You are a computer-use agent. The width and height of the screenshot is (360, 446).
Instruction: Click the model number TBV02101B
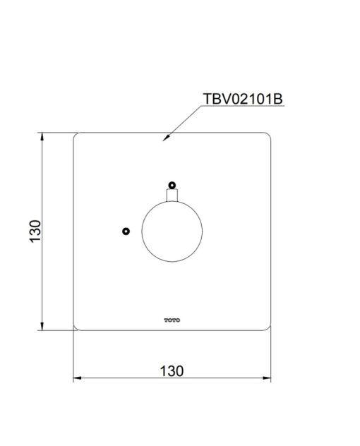[x=243, y=99]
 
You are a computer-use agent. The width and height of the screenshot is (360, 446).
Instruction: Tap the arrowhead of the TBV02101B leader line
[x=166, y=138]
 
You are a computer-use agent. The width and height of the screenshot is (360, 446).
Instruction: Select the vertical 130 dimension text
[x=35, y=231]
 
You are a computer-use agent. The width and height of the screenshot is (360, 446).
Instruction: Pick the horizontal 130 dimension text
[x=172, y=371]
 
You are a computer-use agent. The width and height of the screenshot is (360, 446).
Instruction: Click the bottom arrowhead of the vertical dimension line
[x=42, y=326]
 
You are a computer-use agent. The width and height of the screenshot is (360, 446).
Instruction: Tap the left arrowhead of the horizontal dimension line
[x=78, y=378]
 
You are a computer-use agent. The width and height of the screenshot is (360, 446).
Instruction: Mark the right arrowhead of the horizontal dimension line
[x=267, y=378]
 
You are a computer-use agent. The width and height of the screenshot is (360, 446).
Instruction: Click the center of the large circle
[x=172, y=231]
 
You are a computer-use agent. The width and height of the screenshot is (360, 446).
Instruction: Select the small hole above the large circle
[x=172, y=185]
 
